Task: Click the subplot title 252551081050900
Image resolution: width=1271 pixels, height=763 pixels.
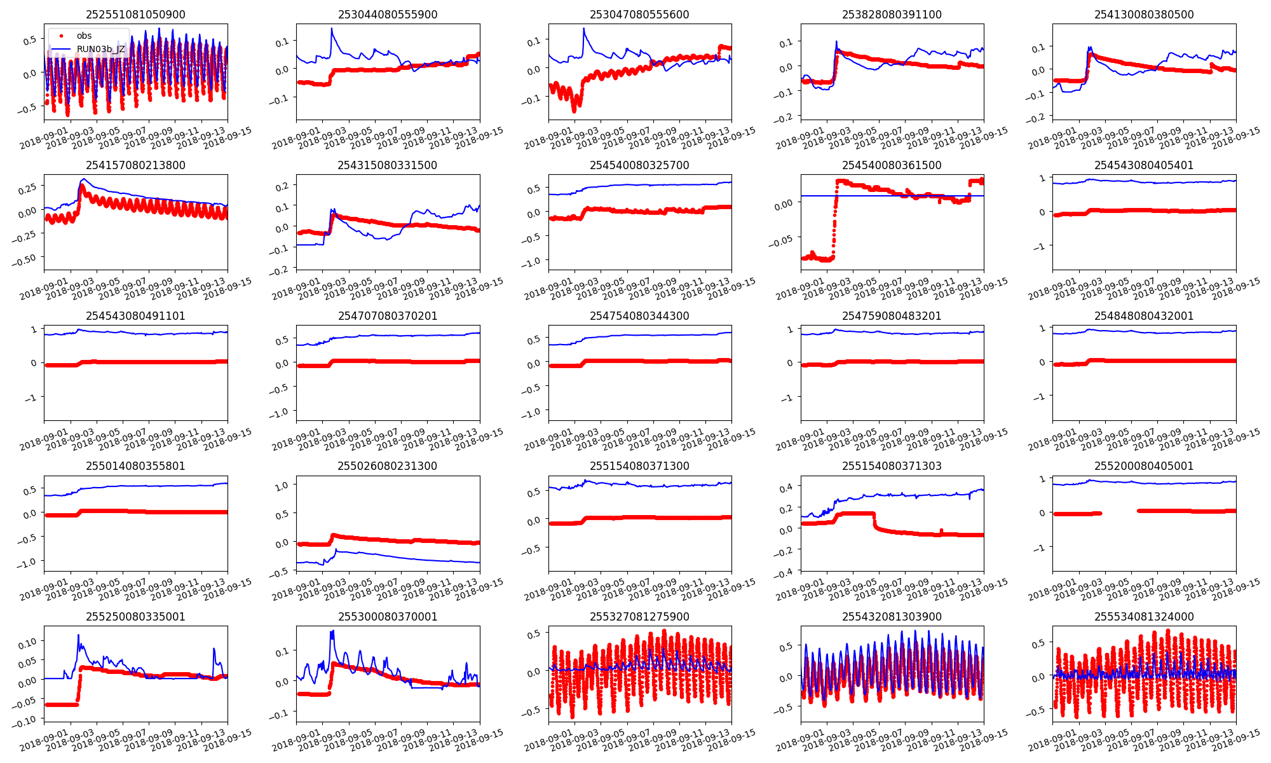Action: pos(135,15)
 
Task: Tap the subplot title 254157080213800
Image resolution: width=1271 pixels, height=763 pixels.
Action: pos(135,165)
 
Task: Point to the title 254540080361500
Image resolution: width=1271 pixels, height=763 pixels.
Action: pos(892,165)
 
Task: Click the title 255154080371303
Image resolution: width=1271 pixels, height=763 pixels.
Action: pos(892,466)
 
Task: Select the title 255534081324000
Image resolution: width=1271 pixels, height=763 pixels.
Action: pos(1144,617)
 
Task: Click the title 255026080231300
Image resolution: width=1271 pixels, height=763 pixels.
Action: pos(387,466)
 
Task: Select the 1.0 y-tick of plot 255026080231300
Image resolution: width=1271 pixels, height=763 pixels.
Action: pos(281,485)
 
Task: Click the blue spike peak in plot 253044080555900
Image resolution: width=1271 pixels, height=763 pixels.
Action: pos(332,29)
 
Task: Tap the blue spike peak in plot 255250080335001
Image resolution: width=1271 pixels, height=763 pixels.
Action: pos(79,635)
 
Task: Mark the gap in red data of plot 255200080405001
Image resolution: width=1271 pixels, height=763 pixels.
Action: pos(1119,512)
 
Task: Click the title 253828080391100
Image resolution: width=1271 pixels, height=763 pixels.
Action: pos(892,15)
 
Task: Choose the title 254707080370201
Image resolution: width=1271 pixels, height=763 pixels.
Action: pos(387,316)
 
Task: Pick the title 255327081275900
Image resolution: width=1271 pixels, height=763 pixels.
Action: pos(639,617)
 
